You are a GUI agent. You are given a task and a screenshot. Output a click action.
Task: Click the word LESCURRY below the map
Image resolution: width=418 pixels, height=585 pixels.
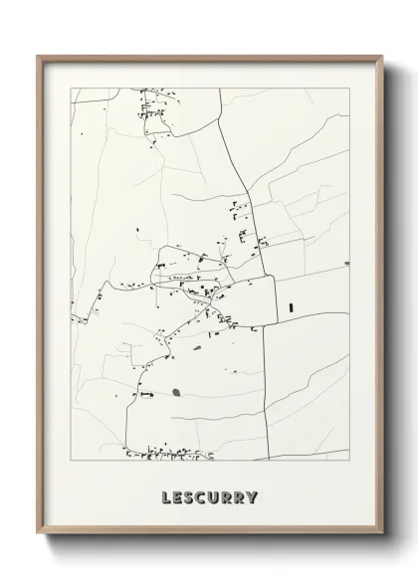coord(209,497)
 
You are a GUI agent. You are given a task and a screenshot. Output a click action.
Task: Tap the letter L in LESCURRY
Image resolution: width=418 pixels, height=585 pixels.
coord(164,497)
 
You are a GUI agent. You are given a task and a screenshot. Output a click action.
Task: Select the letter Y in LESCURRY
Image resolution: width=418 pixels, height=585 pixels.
coord(254,497)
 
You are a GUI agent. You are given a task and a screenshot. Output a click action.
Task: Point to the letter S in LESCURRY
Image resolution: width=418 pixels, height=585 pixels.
coord(189,497)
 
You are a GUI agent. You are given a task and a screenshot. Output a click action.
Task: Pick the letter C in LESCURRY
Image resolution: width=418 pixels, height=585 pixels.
coord(202,497)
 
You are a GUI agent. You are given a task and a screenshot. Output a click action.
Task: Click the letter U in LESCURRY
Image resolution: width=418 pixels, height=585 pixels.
coord(215,497)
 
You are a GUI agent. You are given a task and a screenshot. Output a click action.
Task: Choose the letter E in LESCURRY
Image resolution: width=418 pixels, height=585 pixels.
coord(176,497)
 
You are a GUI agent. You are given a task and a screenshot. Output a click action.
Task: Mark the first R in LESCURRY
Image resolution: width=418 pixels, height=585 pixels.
coord(228,497)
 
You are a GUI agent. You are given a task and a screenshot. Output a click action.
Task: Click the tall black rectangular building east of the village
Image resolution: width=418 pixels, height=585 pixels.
coord(292,307)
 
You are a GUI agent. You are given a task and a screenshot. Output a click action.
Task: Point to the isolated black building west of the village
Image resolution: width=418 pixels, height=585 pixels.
coord(137,232)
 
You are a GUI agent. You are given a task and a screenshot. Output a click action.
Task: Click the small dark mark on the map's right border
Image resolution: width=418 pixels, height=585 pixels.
coord(346,264)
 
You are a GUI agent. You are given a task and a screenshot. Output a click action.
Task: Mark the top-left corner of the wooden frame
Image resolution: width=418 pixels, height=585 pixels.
coord(39,56)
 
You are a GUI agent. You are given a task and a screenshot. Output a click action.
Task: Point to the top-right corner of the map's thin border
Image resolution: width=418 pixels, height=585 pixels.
coord(348,88)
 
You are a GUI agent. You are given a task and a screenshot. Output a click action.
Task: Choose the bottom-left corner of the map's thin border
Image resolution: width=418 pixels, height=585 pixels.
coord(70,460)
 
